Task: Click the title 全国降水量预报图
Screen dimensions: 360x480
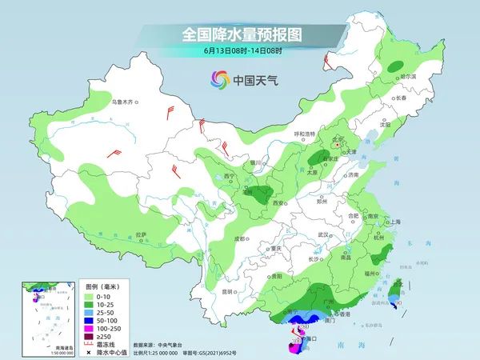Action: [240, 34]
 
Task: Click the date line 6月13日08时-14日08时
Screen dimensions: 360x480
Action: [240, 50]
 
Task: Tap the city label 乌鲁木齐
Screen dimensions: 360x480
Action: [125, 102]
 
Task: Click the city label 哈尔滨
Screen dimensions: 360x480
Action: [409, 76]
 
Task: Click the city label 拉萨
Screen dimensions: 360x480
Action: [142, 234]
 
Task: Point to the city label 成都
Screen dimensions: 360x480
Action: [239, 238]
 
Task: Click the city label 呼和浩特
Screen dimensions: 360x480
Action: [307, 134]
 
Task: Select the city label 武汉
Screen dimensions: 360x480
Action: [323, 234]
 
